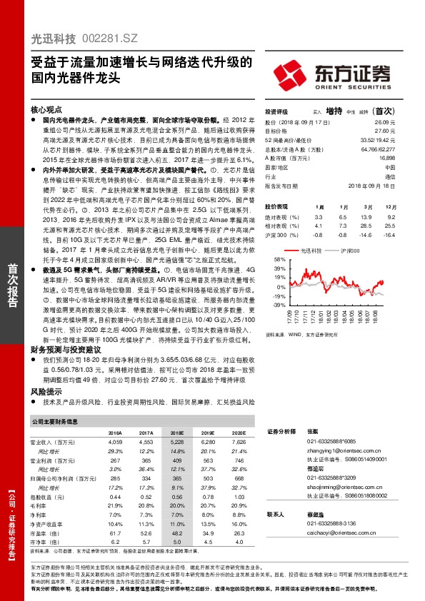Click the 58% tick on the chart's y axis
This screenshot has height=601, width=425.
pyautogui.click(x=271, y=260)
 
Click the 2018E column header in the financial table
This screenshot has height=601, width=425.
pyautogui.click(x=177, y=433)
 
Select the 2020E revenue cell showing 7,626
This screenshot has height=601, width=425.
pyautogui.click(x=237, y=443)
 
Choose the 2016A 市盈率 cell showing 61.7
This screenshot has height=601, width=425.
pyautogui.click(x=115, y=532)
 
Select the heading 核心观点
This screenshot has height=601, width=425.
pyautogui.click(x=47, y=111)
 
